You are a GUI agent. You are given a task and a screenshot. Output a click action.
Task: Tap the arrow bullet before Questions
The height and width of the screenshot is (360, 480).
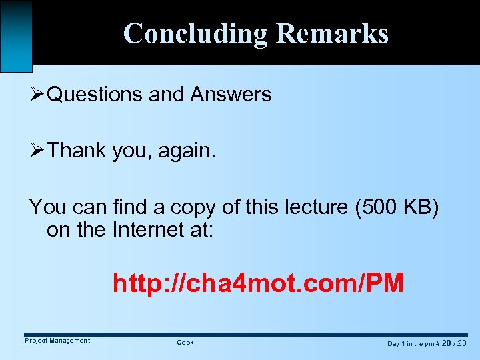point(37,95)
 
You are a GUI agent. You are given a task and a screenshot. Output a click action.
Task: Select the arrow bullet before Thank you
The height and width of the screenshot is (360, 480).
point(37,151)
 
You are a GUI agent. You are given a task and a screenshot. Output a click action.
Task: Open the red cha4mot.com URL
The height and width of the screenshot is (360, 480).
point(258,283)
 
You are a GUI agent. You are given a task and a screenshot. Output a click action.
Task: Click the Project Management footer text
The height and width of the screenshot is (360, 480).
point(57,341)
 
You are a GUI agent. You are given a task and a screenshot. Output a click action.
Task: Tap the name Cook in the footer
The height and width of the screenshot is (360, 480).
point(185,343)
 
